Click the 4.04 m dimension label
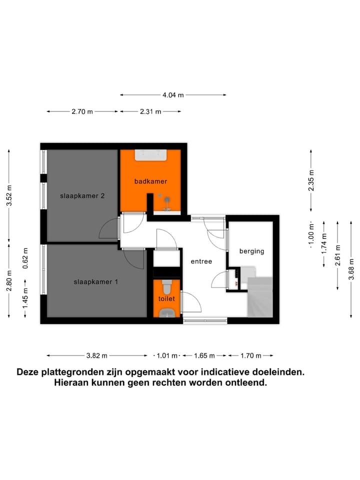[173, 94]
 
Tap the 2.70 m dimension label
[82, 112]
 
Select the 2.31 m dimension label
[150, 112]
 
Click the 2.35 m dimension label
[311, 181]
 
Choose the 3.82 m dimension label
[97, 356]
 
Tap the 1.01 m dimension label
[167, 356]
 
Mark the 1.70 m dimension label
[251, 356]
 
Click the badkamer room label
[150, 181]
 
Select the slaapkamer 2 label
[82, 196]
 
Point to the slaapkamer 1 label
[96, 282]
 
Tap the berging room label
[251, 251]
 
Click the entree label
[201, 261]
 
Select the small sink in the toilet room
[166, 313]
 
